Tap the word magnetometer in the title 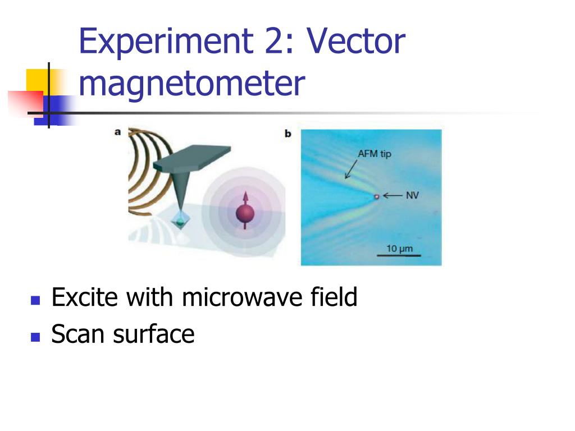(x=192, y=84)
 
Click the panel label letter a (x=118, y=132)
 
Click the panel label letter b (x=288, y=134)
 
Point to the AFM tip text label (x=375, y=154)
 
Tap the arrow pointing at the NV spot (x=393, y=196)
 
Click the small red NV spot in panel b (x=377, y=196)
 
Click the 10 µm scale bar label (x=399, y=248)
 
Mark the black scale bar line (x=399, y=256)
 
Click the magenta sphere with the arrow (x=245, y=214)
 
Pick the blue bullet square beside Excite (x=36, y=300)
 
